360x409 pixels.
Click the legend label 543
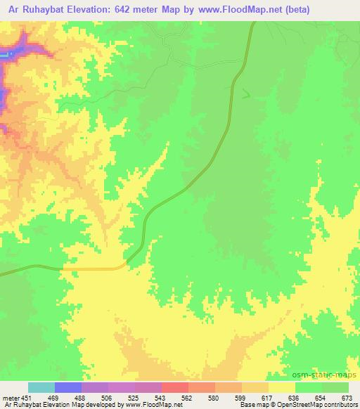[x=148, y=398]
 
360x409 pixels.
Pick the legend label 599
[x=228, y=398]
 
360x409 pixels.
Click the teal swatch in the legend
[x=41, y=387]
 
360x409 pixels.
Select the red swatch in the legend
[x=175, y=387]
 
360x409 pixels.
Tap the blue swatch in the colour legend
[x=68, y=387]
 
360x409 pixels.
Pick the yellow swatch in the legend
[x=282, y=387]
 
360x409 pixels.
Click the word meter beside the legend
[x=12, y=398]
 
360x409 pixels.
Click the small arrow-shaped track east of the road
[x=245, y=93]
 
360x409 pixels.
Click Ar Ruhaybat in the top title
[x=30, y=9]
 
